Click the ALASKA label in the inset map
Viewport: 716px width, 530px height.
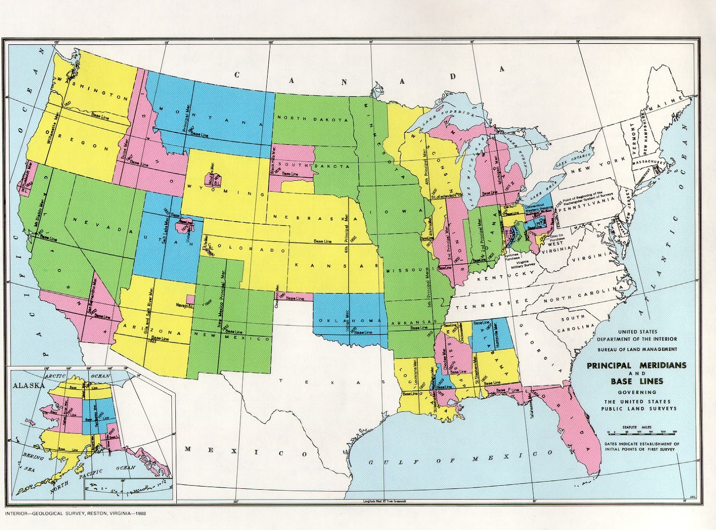[x=29, y=385]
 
